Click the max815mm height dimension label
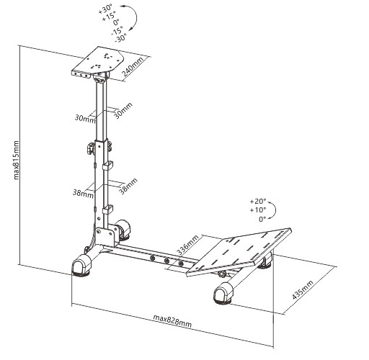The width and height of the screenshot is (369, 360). coord(16,160)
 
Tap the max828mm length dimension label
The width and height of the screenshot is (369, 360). coord(172,321)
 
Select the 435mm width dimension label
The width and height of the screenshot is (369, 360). coord(303,289)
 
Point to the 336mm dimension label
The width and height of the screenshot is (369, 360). coord(188,245)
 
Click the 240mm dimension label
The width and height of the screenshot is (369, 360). coord(133,67)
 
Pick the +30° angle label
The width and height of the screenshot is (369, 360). coord(105,9)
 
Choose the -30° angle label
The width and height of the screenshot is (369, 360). coord(120,38)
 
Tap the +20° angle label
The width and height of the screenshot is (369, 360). coord(258,201)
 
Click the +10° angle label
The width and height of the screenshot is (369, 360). coord(258,210)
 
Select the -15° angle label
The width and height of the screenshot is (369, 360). coord(117,30)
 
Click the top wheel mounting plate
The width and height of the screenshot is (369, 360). coord(98,62)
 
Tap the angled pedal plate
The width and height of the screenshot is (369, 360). coord(239,251)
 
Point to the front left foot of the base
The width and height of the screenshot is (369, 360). coord(81,266)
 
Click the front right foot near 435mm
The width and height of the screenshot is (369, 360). coord(223,293)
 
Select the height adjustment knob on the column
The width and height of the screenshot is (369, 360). coord(91,148)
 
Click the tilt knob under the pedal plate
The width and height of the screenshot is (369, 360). coord(222,274)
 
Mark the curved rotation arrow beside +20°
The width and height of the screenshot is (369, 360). coord(275,210)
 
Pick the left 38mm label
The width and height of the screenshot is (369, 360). coord(83,193)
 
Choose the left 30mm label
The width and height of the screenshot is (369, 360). coord(85,118)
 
